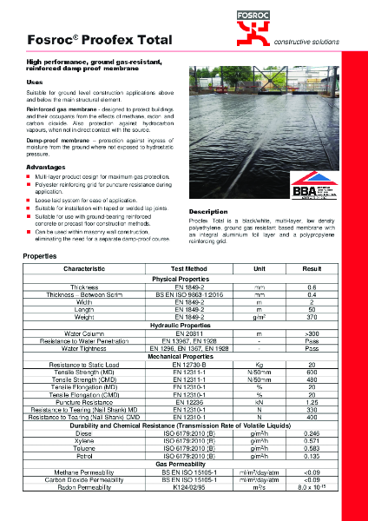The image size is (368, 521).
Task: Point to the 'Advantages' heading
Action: coord(46,166)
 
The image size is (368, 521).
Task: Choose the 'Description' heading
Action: coord(214,211)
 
